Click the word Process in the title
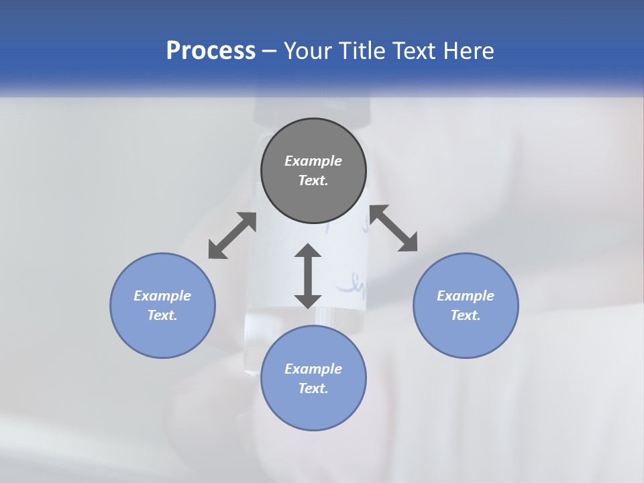pos(211,51)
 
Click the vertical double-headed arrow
pos(308,276)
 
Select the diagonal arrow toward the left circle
pos(232,235)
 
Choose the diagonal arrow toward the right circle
pos(394,228)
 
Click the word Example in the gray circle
pos(313,161)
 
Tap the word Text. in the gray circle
pos(313,180)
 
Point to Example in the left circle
pos(162,296)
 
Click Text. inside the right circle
pos(466,315)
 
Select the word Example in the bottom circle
pos(313,369)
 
